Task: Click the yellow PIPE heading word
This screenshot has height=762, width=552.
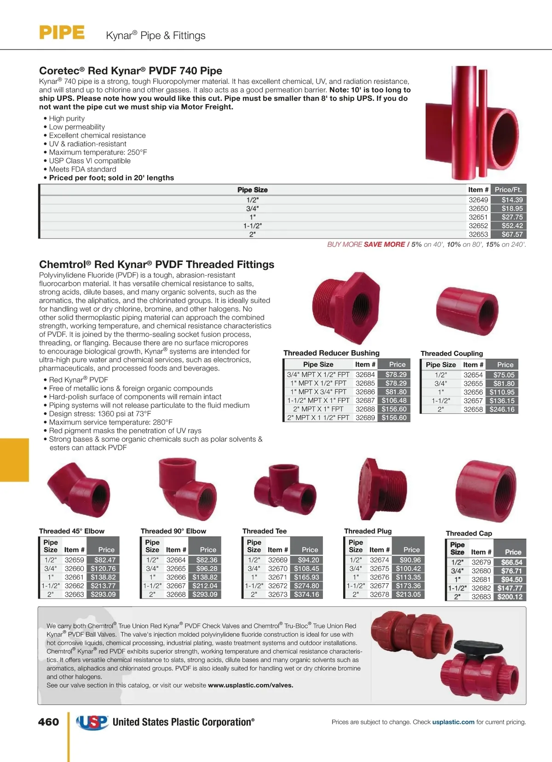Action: point(62,33)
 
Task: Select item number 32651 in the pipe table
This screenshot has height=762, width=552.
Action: point(478,217)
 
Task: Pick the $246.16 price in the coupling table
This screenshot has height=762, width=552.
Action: point(502,409)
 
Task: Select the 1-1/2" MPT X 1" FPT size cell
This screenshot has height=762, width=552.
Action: point(317,401)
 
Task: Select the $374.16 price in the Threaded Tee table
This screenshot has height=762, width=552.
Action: point(306,594)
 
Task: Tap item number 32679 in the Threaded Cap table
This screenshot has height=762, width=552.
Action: point(481,562)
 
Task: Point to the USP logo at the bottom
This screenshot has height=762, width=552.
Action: point(92,722)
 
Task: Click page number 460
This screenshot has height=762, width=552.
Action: point(48,722)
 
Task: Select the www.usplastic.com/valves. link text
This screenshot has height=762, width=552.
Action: point(250,685)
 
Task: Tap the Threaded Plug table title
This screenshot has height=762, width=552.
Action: point(368,531)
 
